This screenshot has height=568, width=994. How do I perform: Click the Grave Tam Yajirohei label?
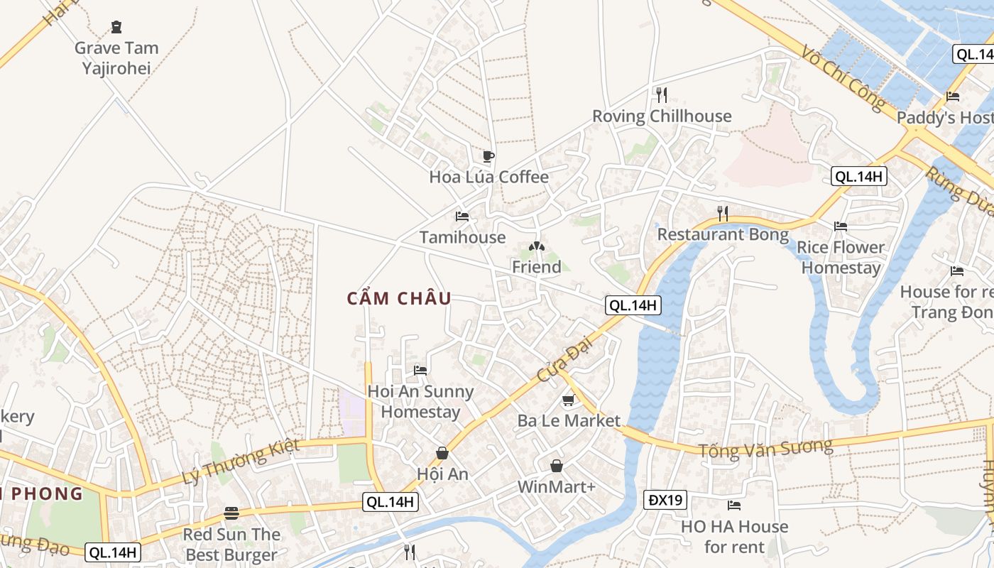116,58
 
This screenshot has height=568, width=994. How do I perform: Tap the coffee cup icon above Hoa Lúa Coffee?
488,156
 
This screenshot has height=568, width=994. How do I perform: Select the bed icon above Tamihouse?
462,216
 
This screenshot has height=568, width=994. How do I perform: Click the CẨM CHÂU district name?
399,298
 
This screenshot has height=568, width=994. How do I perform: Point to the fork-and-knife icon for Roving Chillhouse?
662,94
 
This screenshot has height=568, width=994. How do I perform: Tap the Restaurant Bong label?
723,234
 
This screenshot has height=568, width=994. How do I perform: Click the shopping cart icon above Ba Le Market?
568,401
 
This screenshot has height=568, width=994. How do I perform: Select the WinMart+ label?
557,487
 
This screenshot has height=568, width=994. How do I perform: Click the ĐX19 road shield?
666,500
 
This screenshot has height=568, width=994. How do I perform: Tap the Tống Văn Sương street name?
765,449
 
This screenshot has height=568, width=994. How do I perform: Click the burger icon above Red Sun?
231,513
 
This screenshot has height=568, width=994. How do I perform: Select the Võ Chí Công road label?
843,78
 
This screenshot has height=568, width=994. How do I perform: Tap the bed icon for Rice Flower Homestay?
841,226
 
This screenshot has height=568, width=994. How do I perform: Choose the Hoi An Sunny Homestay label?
420,401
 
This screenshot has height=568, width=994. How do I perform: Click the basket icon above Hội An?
442,453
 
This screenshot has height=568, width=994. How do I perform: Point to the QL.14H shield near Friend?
633,305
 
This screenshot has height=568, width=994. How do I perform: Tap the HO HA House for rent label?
734,537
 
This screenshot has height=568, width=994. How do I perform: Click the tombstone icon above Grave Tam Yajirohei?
116,28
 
